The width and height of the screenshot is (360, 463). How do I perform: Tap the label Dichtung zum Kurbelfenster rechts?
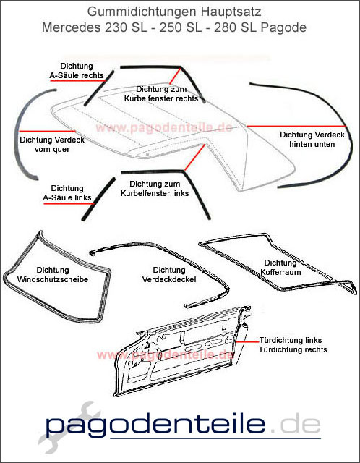[x=166, y=93]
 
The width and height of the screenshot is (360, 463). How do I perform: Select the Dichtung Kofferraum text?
[x=280, y=268]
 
